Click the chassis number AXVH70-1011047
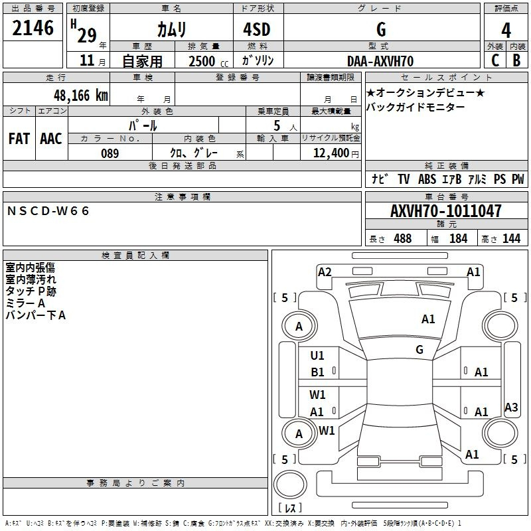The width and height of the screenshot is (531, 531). [x=445, y=212]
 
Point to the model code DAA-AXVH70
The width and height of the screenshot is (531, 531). [x=380, y=61]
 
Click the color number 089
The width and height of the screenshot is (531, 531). [x=110, y=153]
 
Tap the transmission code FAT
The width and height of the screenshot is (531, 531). [x=19, y=138]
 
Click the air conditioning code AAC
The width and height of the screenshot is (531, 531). [x=50, y=138]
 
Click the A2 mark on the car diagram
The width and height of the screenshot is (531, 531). [x=325, y=271]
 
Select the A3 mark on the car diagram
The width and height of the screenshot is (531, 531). [x=511, y=408]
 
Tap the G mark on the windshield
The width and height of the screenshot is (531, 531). [x=419, y=349]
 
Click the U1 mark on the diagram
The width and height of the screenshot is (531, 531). [x=317, y=355]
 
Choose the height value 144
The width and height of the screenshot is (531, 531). [x=511, y=239]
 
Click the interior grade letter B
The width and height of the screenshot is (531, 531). [x=516, y=60]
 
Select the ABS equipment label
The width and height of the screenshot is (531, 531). [x=427, y=179]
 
